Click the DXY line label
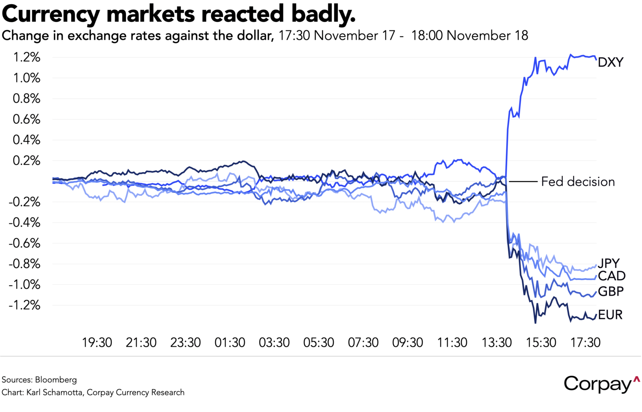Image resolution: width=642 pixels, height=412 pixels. click(x=610, y=62)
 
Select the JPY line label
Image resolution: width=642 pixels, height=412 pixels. click(x=609, y=263)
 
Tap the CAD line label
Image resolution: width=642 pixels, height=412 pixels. click(x=612, y=276)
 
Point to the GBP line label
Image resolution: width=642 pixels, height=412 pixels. click(x=611, y=291)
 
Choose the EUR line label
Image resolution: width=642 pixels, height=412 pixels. click(x=610, y=315)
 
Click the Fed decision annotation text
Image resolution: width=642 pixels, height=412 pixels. click(x=577, y=181)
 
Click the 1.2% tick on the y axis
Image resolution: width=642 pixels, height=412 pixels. click(x=27, y=57)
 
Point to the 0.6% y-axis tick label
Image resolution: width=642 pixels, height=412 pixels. click(x=27, y=119)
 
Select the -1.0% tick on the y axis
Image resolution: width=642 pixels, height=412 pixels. click(x=25, y=284)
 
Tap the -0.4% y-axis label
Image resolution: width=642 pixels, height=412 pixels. click(x=25, y=222)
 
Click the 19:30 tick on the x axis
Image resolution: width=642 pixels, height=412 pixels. click(x=97, y=342)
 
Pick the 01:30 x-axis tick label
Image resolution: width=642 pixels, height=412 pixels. click(x=230, y=342)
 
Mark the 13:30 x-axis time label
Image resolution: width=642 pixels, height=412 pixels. click(x=497, y=342)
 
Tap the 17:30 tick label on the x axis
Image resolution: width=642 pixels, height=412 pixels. click(x=585, y=342)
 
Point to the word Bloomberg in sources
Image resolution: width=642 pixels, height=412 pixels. click(x=56, y=379)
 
